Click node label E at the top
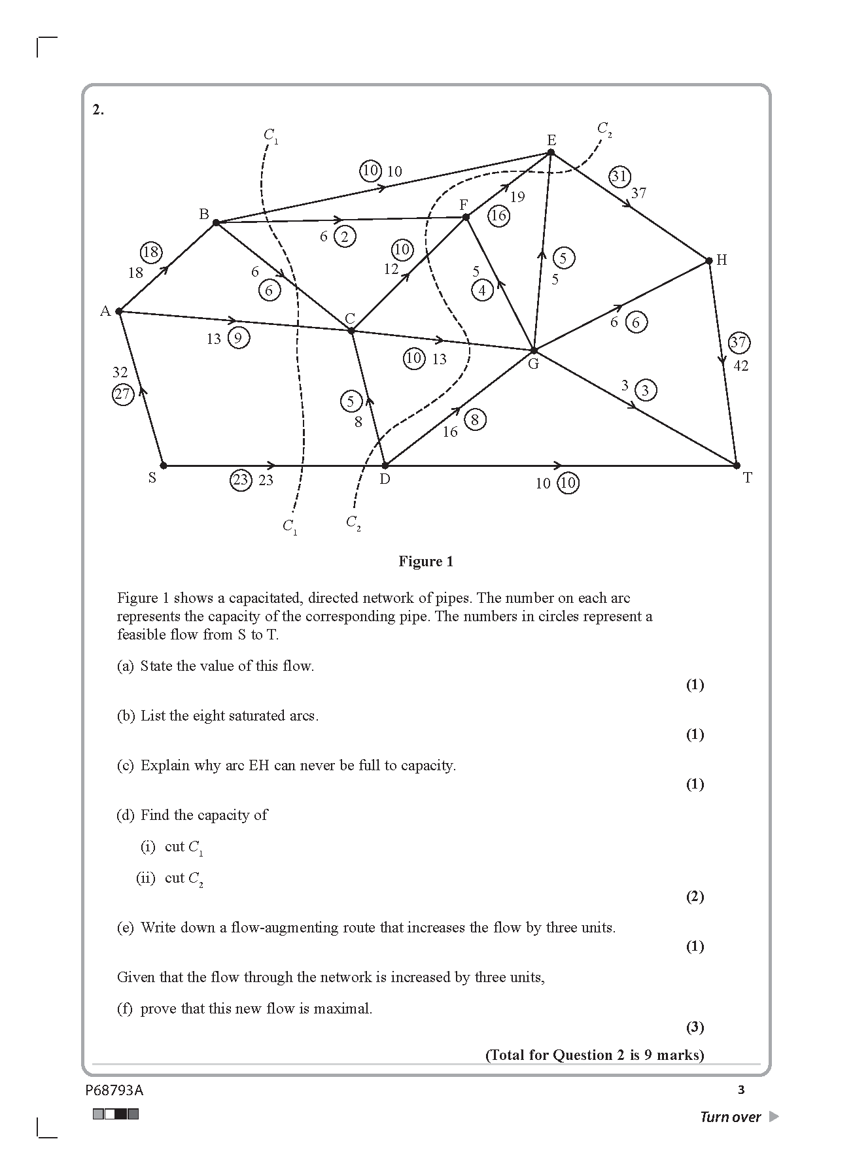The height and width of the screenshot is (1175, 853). (551, 140)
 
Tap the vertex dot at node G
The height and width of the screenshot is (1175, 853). (534, 350)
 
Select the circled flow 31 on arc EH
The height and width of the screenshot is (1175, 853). (619, 176)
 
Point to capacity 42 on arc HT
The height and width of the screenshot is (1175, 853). (740, 366)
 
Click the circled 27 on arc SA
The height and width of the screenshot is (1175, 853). (122, 394)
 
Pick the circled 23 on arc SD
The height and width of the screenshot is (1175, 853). (241, 481)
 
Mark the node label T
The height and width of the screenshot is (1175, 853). (748, 478)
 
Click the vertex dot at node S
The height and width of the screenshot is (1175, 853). (164, 466)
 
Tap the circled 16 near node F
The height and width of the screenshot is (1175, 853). (498, 215)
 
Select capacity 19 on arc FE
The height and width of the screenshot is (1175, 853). (517, 197)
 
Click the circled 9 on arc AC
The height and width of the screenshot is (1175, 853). (239, 338)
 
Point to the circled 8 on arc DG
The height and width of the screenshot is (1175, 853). (475, 420)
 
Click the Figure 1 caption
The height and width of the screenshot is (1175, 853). (426, 562)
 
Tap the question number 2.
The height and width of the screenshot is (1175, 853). (98, 110)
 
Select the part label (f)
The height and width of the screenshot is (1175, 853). (125, 1009)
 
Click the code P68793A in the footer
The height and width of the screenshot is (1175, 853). (114, 1090)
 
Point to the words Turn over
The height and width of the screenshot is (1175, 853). (730, 1117)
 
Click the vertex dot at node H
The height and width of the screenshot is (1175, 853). (709, 261)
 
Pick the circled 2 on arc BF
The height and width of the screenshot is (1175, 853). (345, 237)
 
